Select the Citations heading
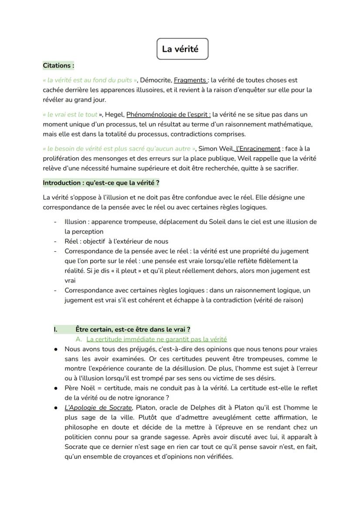pos(58,66)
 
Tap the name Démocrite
pos(155,80)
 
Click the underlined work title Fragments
pos(190,80)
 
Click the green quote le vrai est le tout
pos(72,115)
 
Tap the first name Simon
pos(208,148)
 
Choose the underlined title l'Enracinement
pos(258,148)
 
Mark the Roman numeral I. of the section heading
pos(56,330)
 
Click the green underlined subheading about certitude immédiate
pos(157,339)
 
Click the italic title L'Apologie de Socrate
pos(98,408)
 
